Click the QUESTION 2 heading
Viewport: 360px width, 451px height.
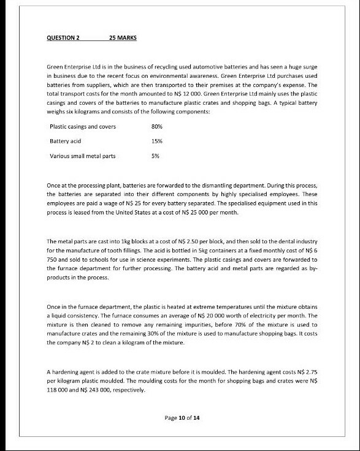click(x=63, y=38)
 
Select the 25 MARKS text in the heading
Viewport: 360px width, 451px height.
click(x=122, y=38)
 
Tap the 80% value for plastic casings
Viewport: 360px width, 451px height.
click(x=156, y=127)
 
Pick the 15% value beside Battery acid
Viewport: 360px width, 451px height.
click(x=156, y=141)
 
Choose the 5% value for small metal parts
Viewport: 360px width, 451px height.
click(x=155, y=156)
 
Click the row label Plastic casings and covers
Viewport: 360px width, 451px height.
click(x=82, y=127)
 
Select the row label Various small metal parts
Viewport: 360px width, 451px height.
click(x=82, y=156)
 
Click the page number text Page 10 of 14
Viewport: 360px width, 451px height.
click(x=183, y=418)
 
